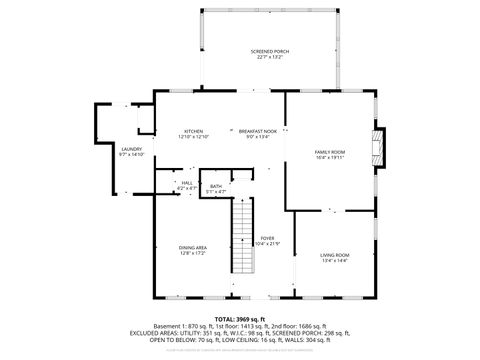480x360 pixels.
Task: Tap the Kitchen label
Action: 193,131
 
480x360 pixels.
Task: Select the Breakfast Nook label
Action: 257,131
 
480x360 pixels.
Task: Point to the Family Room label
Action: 330,151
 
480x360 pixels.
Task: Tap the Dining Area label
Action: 193,247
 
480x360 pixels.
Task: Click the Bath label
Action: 216,185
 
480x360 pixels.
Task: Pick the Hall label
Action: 187,183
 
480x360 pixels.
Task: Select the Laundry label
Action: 132,149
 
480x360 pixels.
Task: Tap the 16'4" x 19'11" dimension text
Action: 330,157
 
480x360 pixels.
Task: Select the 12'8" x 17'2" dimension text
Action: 193,253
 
